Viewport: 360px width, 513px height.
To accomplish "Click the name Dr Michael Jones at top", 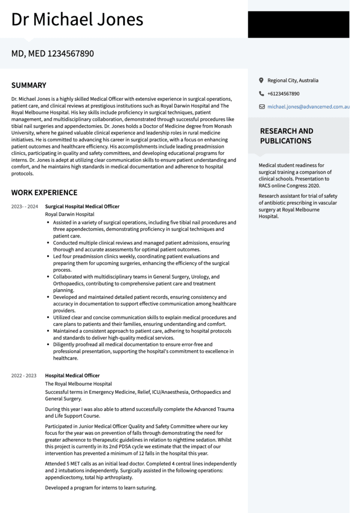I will coord(77,20).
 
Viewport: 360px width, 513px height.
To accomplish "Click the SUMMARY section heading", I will coord(29,85).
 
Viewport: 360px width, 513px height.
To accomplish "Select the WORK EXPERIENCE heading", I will coord(44,192).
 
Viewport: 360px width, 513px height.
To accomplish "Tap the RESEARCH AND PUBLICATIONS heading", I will coord(286,136).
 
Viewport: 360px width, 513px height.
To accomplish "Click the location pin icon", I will coord(261,80).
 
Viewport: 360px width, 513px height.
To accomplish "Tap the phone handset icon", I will coord(261,94).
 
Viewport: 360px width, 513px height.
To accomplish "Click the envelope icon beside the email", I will coord(261,107).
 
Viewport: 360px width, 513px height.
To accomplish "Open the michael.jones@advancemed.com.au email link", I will coord(308,107).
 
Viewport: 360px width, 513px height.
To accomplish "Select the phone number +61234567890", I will coord(283,94).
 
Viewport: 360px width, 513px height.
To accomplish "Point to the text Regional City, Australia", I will coord(293,80).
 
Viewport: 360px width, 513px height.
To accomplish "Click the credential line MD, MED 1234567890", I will coord(53,53).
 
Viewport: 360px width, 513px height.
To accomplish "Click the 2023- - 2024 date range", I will coord(25,206).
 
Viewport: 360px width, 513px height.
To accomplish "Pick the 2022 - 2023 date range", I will coord(24,376).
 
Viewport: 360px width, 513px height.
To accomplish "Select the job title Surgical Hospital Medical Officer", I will coord(82,206).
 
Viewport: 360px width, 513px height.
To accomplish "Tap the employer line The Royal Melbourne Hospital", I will coord(78,384).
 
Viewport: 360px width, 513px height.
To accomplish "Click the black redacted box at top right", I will coord(298,25).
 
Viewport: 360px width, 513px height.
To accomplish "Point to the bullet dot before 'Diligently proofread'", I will coord(48,345).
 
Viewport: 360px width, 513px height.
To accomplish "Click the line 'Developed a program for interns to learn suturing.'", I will coord(101,487).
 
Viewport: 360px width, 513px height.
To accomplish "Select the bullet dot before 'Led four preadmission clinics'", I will coord(48,256).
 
